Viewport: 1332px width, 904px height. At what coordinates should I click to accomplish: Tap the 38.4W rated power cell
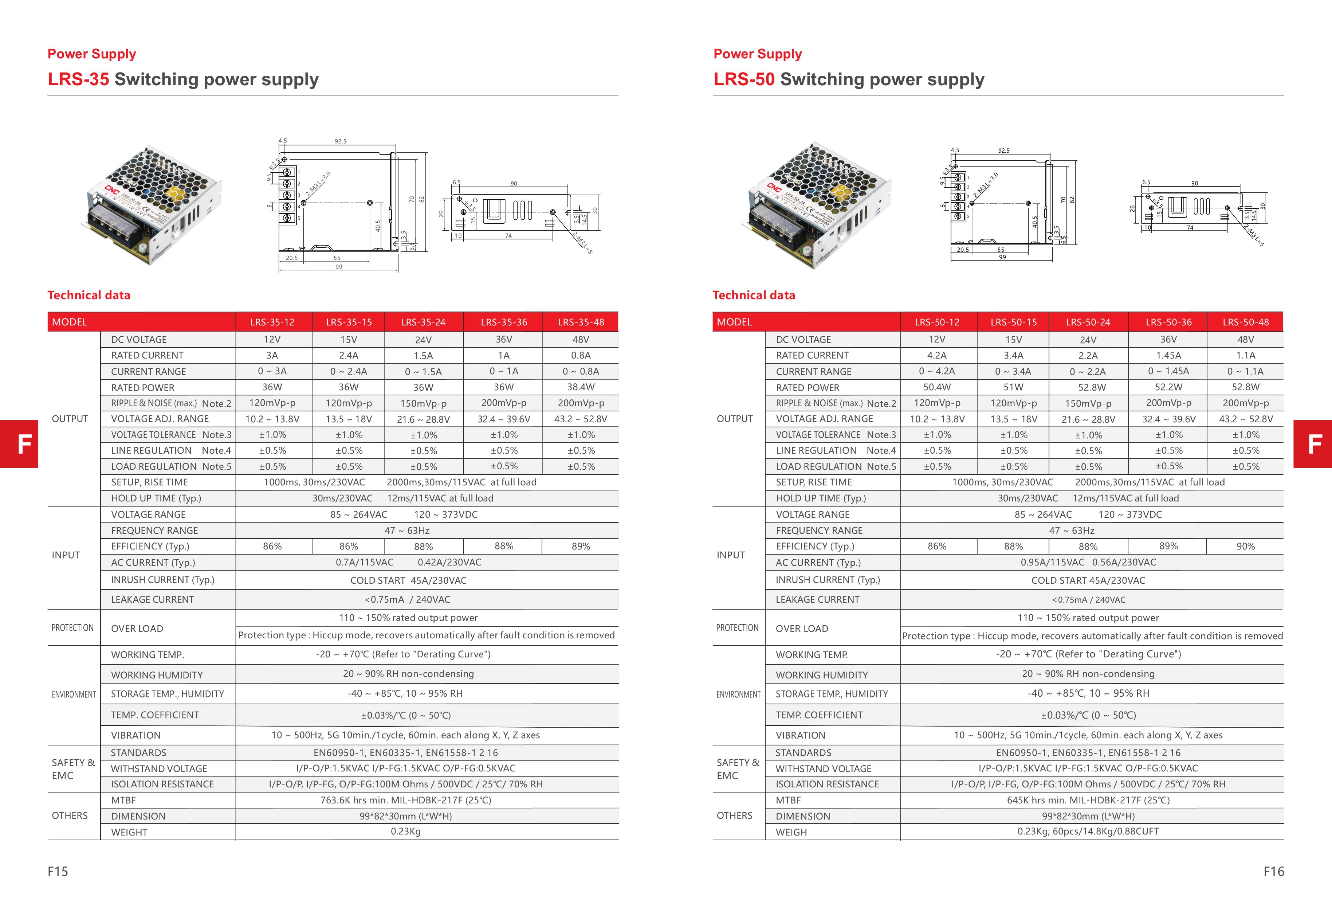(581, 388)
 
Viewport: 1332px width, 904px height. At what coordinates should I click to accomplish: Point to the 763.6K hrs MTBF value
(405, 800)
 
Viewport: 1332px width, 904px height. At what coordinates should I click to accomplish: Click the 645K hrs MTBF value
(1088, 800)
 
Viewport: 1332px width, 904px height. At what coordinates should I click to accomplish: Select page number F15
(58, 871)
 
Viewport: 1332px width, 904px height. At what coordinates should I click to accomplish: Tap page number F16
(1273, 871)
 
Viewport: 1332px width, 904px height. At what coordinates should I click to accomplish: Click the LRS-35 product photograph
(154, 204)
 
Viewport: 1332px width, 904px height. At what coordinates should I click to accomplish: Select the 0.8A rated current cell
(581, 355)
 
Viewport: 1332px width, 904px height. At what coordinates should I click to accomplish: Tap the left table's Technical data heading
(89, 295)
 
